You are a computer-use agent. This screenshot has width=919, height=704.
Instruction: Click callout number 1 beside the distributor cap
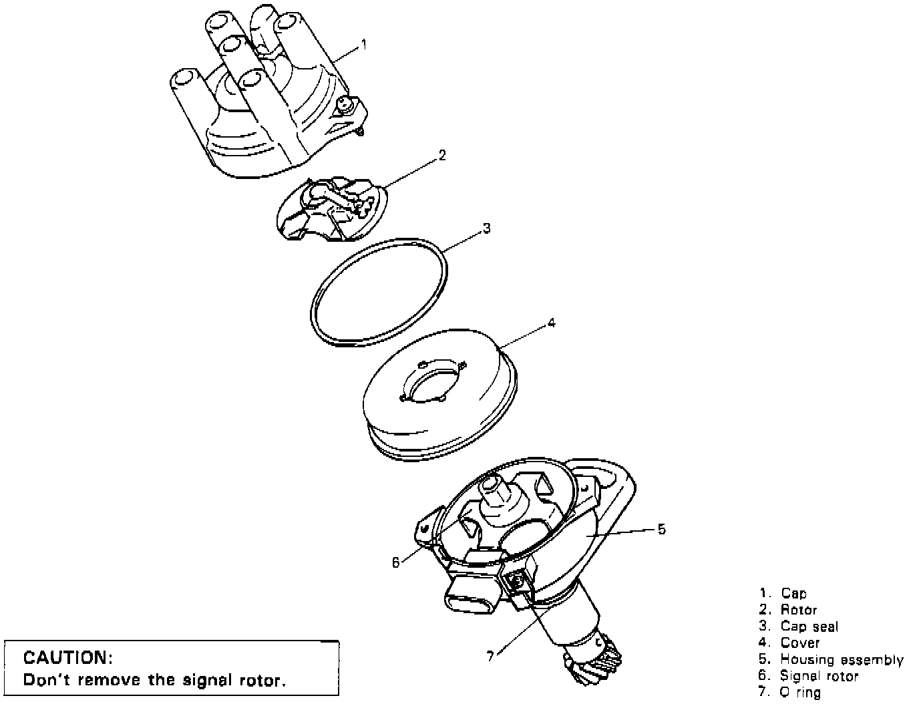click(x=364, y=45)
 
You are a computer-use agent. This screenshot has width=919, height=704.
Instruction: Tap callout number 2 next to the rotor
click(x=442, y=155)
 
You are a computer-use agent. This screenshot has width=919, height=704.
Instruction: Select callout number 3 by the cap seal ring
click(x=487, y=228)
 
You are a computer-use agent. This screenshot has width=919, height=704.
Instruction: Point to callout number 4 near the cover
click(x=551, y=323)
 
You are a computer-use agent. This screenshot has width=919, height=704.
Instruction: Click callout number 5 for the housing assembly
click(x=661, y=529)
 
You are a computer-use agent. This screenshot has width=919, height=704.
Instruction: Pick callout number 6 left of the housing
click(x=396, y=562)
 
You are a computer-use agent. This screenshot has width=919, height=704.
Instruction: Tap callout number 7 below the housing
click(x=491, y=657)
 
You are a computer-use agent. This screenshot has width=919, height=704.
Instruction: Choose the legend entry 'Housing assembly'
click(x=842, y=660)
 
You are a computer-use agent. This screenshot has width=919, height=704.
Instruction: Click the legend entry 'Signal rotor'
click(x=819, y=676)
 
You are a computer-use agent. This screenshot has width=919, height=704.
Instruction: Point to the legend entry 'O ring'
click(x=800, y=693)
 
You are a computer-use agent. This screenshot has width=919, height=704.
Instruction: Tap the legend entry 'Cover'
click(x=799, y=643)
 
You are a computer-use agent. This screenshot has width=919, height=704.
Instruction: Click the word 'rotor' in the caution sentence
click(x=262, y=681)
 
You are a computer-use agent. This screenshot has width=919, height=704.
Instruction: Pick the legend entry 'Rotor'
click(x=798, y=610)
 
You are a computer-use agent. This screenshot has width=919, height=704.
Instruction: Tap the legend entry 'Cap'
click(x=793, y=593)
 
